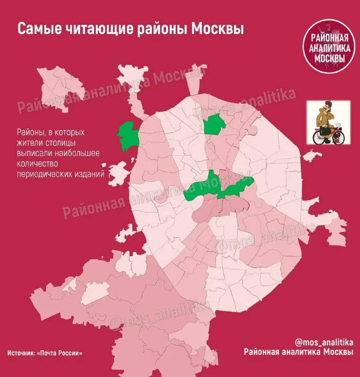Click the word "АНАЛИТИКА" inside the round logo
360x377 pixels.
329,48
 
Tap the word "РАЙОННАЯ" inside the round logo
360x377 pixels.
329,38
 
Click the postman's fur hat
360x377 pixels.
325,105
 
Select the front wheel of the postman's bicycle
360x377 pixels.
337,137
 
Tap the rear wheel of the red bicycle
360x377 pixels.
320,137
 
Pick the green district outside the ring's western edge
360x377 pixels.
127,136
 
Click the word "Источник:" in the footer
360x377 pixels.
21,352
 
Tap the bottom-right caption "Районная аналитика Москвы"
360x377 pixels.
298,352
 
